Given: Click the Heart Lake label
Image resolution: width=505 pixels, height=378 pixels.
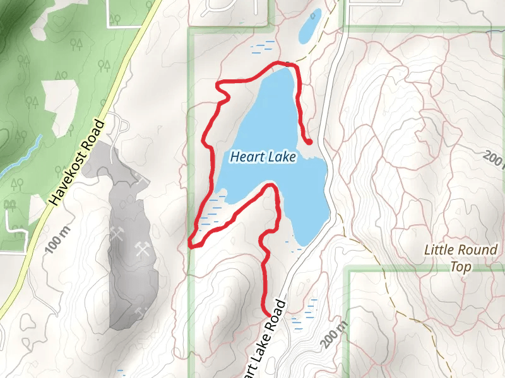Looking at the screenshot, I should [x=263, y=157].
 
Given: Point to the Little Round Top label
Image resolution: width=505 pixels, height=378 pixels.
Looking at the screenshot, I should [x=461, y=258].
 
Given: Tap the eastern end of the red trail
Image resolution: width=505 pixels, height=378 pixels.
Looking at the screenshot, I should [x=309, y=142].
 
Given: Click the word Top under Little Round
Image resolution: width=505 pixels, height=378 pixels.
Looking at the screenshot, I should [x=461, y=266].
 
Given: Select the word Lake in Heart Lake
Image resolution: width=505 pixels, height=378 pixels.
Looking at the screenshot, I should [x=280, y=157].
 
